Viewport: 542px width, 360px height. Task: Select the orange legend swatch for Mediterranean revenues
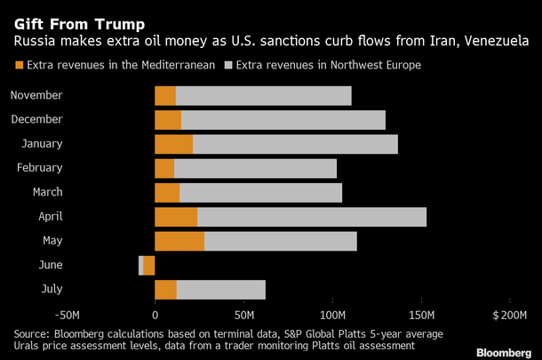tap(19, 66)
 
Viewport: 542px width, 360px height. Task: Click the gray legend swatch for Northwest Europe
tap(229, 66)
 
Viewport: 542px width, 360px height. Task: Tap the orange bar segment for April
tap(176, 217)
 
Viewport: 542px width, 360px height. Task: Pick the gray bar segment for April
tap(311, 217)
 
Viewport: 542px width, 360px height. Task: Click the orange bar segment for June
tap(149, 265)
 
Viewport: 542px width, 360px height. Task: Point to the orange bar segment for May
tap(179, 241)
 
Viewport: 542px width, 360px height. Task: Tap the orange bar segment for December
tap(168, 120)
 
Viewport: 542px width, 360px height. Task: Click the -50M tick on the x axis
tap(67, 316)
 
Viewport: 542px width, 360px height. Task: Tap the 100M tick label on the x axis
tap(331, 316)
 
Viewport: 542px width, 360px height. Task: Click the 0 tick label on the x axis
tap(155, 316)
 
